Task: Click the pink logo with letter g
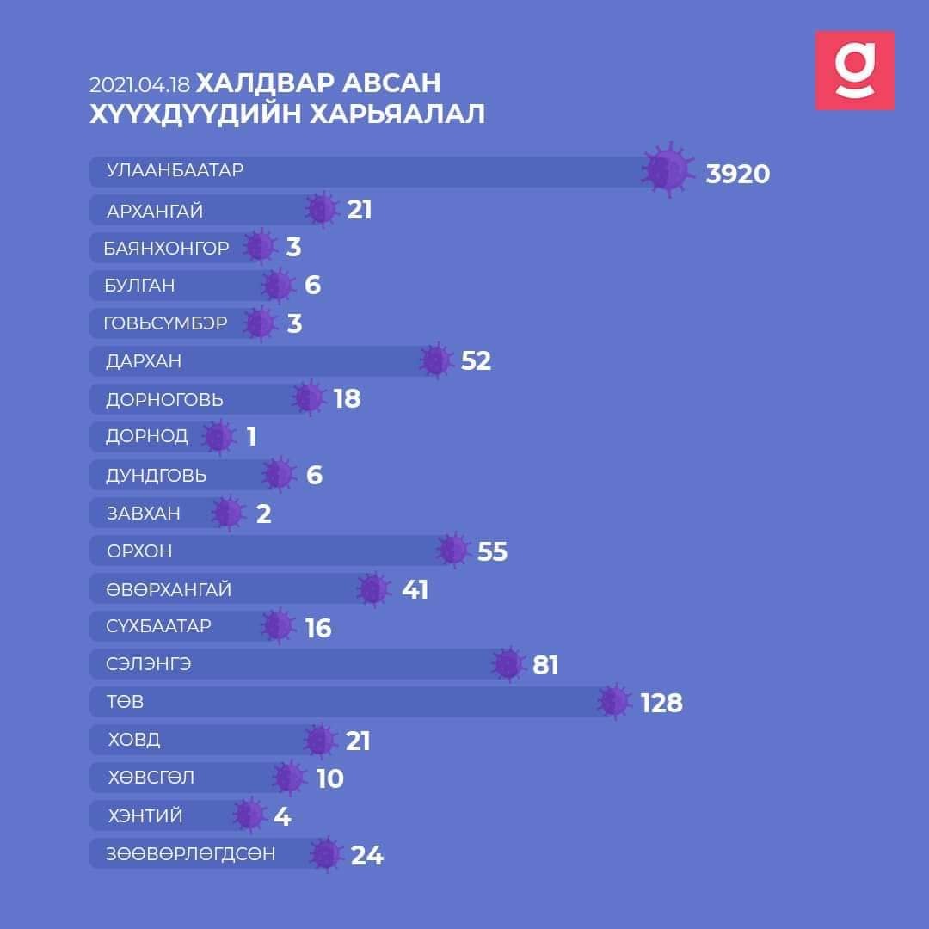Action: point(854,71)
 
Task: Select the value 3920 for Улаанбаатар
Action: point(737,174)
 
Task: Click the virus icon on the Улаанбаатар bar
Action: point(668,169)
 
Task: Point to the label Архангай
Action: point(155,211)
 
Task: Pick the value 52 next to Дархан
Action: point(476,360)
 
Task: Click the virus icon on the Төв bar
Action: point(616,701)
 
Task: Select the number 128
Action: point(661,703)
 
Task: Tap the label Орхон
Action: point(133,551)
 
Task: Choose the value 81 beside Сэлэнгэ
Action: point(545,665)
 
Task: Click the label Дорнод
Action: point(146,436)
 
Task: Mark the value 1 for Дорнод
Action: point(251,437)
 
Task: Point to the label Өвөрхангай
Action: point(169,590)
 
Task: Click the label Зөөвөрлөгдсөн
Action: point(191,854)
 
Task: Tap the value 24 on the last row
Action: point(366,855)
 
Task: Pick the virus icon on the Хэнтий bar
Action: point(249,815)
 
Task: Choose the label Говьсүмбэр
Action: point(166,323)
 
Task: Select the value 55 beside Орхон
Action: point(492,551)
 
